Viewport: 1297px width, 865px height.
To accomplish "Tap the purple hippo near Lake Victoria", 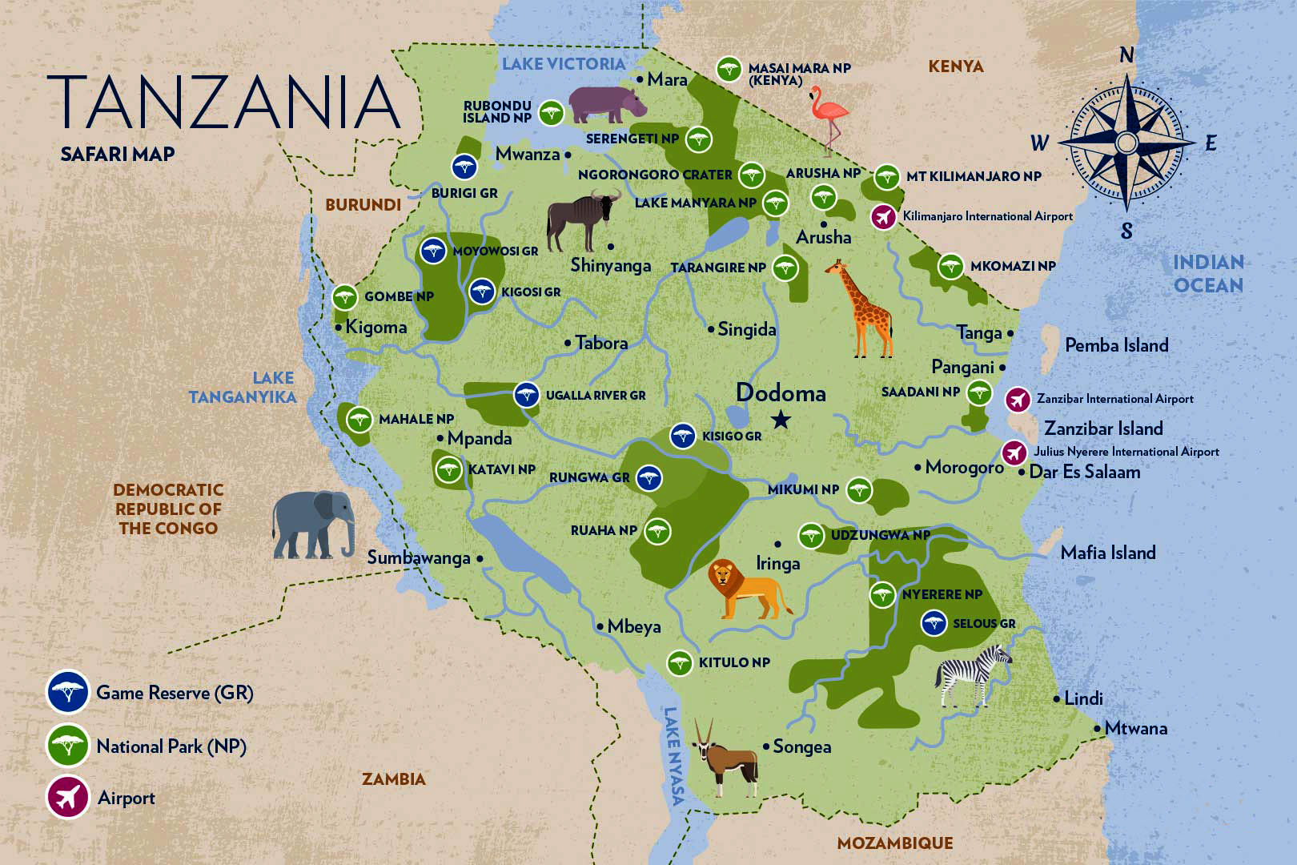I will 605,104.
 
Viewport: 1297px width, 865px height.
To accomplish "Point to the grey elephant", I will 314,524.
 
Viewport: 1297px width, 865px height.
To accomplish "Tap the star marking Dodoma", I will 781,420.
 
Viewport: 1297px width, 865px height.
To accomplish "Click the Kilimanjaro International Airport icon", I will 883,217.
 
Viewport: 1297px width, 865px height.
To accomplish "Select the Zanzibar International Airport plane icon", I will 1018,399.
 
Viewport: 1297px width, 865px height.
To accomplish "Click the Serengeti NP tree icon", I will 699,139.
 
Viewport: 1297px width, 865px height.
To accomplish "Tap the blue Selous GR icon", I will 934,623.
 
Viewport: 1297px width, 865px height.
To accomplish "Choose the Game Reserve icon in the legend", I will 68,691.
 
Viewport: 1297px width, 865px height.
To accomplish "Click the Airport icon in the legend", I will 68,798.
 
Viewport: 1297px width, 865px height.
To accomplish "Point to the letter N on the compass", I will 1126,55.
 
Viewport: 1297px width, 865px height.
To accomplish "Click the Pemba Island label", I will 1116,345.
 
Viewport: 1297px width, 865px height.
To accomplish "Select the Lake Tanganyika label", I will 242,387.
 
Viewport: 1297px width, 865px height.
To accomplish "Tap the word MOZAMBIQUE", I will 895,843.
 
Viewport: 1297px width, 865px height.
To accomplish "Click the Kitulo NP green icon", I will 680,662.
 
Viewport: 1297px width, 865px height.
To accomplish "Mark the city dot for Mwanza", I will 568,155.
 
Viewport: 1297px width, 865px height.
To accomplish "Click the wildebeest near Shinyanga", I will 582,219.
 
